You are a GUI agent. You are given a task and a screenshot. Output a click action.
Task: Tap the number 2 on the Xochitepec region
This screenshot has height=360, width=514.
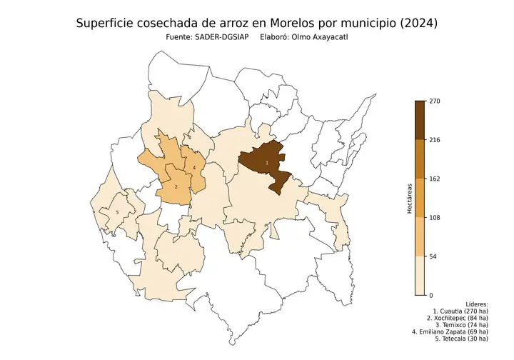click(x=176, y=186)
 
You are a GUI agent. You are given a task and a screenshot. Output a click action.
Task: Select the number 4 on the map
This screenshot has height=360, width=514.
click(x=194, y=168)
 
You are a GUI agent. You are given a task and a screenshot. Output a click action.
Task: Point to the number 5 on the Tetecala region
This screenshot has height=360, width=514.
click(x=117, y=212)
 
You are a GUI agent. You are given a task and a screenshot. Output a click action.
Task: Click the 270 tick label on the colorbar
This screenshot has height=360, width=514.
click(x=434, y=101)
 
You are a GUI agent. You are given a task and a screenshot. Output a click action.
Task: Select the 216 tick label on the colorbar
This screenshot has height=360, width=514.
click(x=434, y=140)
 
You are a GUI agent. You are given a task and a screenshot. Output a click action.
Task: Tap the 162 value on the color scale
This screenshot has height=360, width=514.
click(x=434, y=179)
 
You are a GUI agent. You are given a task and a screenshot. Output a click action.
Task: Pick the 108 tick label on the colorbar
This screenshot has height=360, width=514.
click(x=434, y=218)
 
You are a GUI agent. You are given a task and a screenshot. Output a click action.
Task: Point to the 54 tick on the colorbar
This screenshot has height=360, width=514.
click(x=433, y=256)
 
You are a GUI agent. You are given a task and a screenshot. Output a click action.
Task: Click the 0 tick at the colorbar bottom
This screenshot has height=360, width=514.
click(x=430, y=295)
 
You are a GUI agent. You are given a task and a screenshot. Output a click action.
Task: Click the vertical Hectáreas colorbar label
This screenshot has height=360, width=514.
click(x=409, y=199)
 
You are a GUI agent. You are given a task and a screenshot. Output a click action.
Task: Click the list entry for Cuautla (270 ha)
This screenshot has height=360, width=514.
click(x=460, y=313)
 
